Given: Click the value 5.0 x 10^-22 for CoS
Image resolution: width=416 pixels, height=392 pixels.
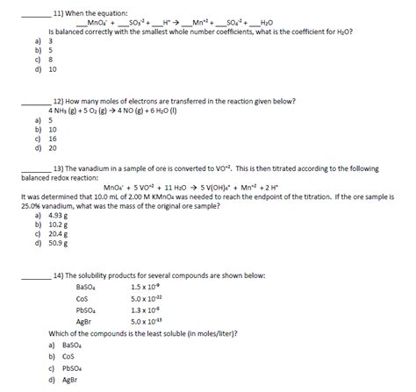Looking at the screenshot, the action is [x=148, y=298].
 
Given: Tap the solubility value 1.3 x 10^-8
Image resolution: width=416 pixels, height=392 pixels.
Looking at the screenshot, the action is [x=147, y=310].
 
